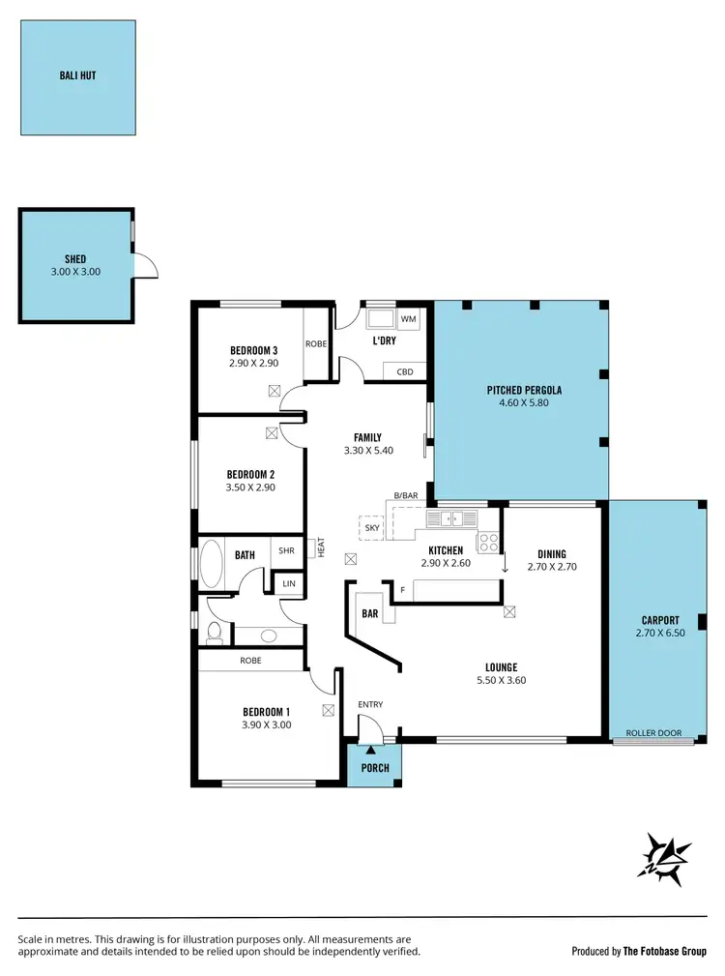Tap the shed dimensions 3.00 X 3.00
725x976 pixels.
pyautogui.click(x=75, y=272)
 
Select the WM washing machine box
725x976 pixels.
pyautogui.click(x=407, y=318)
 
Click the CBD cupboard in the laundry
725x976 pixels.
pyautogui.click(x=405, y=371)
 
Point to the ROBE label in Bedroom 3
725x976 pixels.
pyautogui.click(x=316, y=342)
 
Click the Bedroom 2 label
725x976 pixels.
pyautogui.click(x=251, y=474)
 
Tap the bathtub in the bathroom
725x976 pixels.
pyautogui.click(x=211, y=563)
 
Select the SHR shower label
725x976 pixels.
pyautogui.click(x=286, y=551)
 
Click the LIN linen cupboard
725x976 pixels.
pyautogui.click(x=289, y=584)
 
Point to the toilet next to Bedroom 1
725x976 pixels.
pyautogui.click(x=215, y=633)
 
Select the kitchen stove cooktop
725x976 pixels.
pyautogui.click(x=489, y=543)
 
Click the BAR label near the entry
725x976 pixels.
pyautogui.click(x=369, y=613)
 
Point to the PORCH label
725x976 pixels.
pyautogui.click(x=375, y=768)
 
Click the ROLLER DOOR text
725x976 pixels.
pyautogui.click(x=652, y=733)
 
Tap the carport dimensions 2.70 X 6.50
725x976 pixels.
pyautogui.click(x=659, y=633)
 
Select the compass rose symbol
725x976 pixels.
pyautogui.click(x=667, y=857)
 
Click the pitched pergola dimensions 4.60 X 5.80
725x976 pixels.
pyautogui.click(x=524, y=403)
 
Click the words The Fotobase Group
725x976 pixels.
pyautogui.click(x=665, y=951)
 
